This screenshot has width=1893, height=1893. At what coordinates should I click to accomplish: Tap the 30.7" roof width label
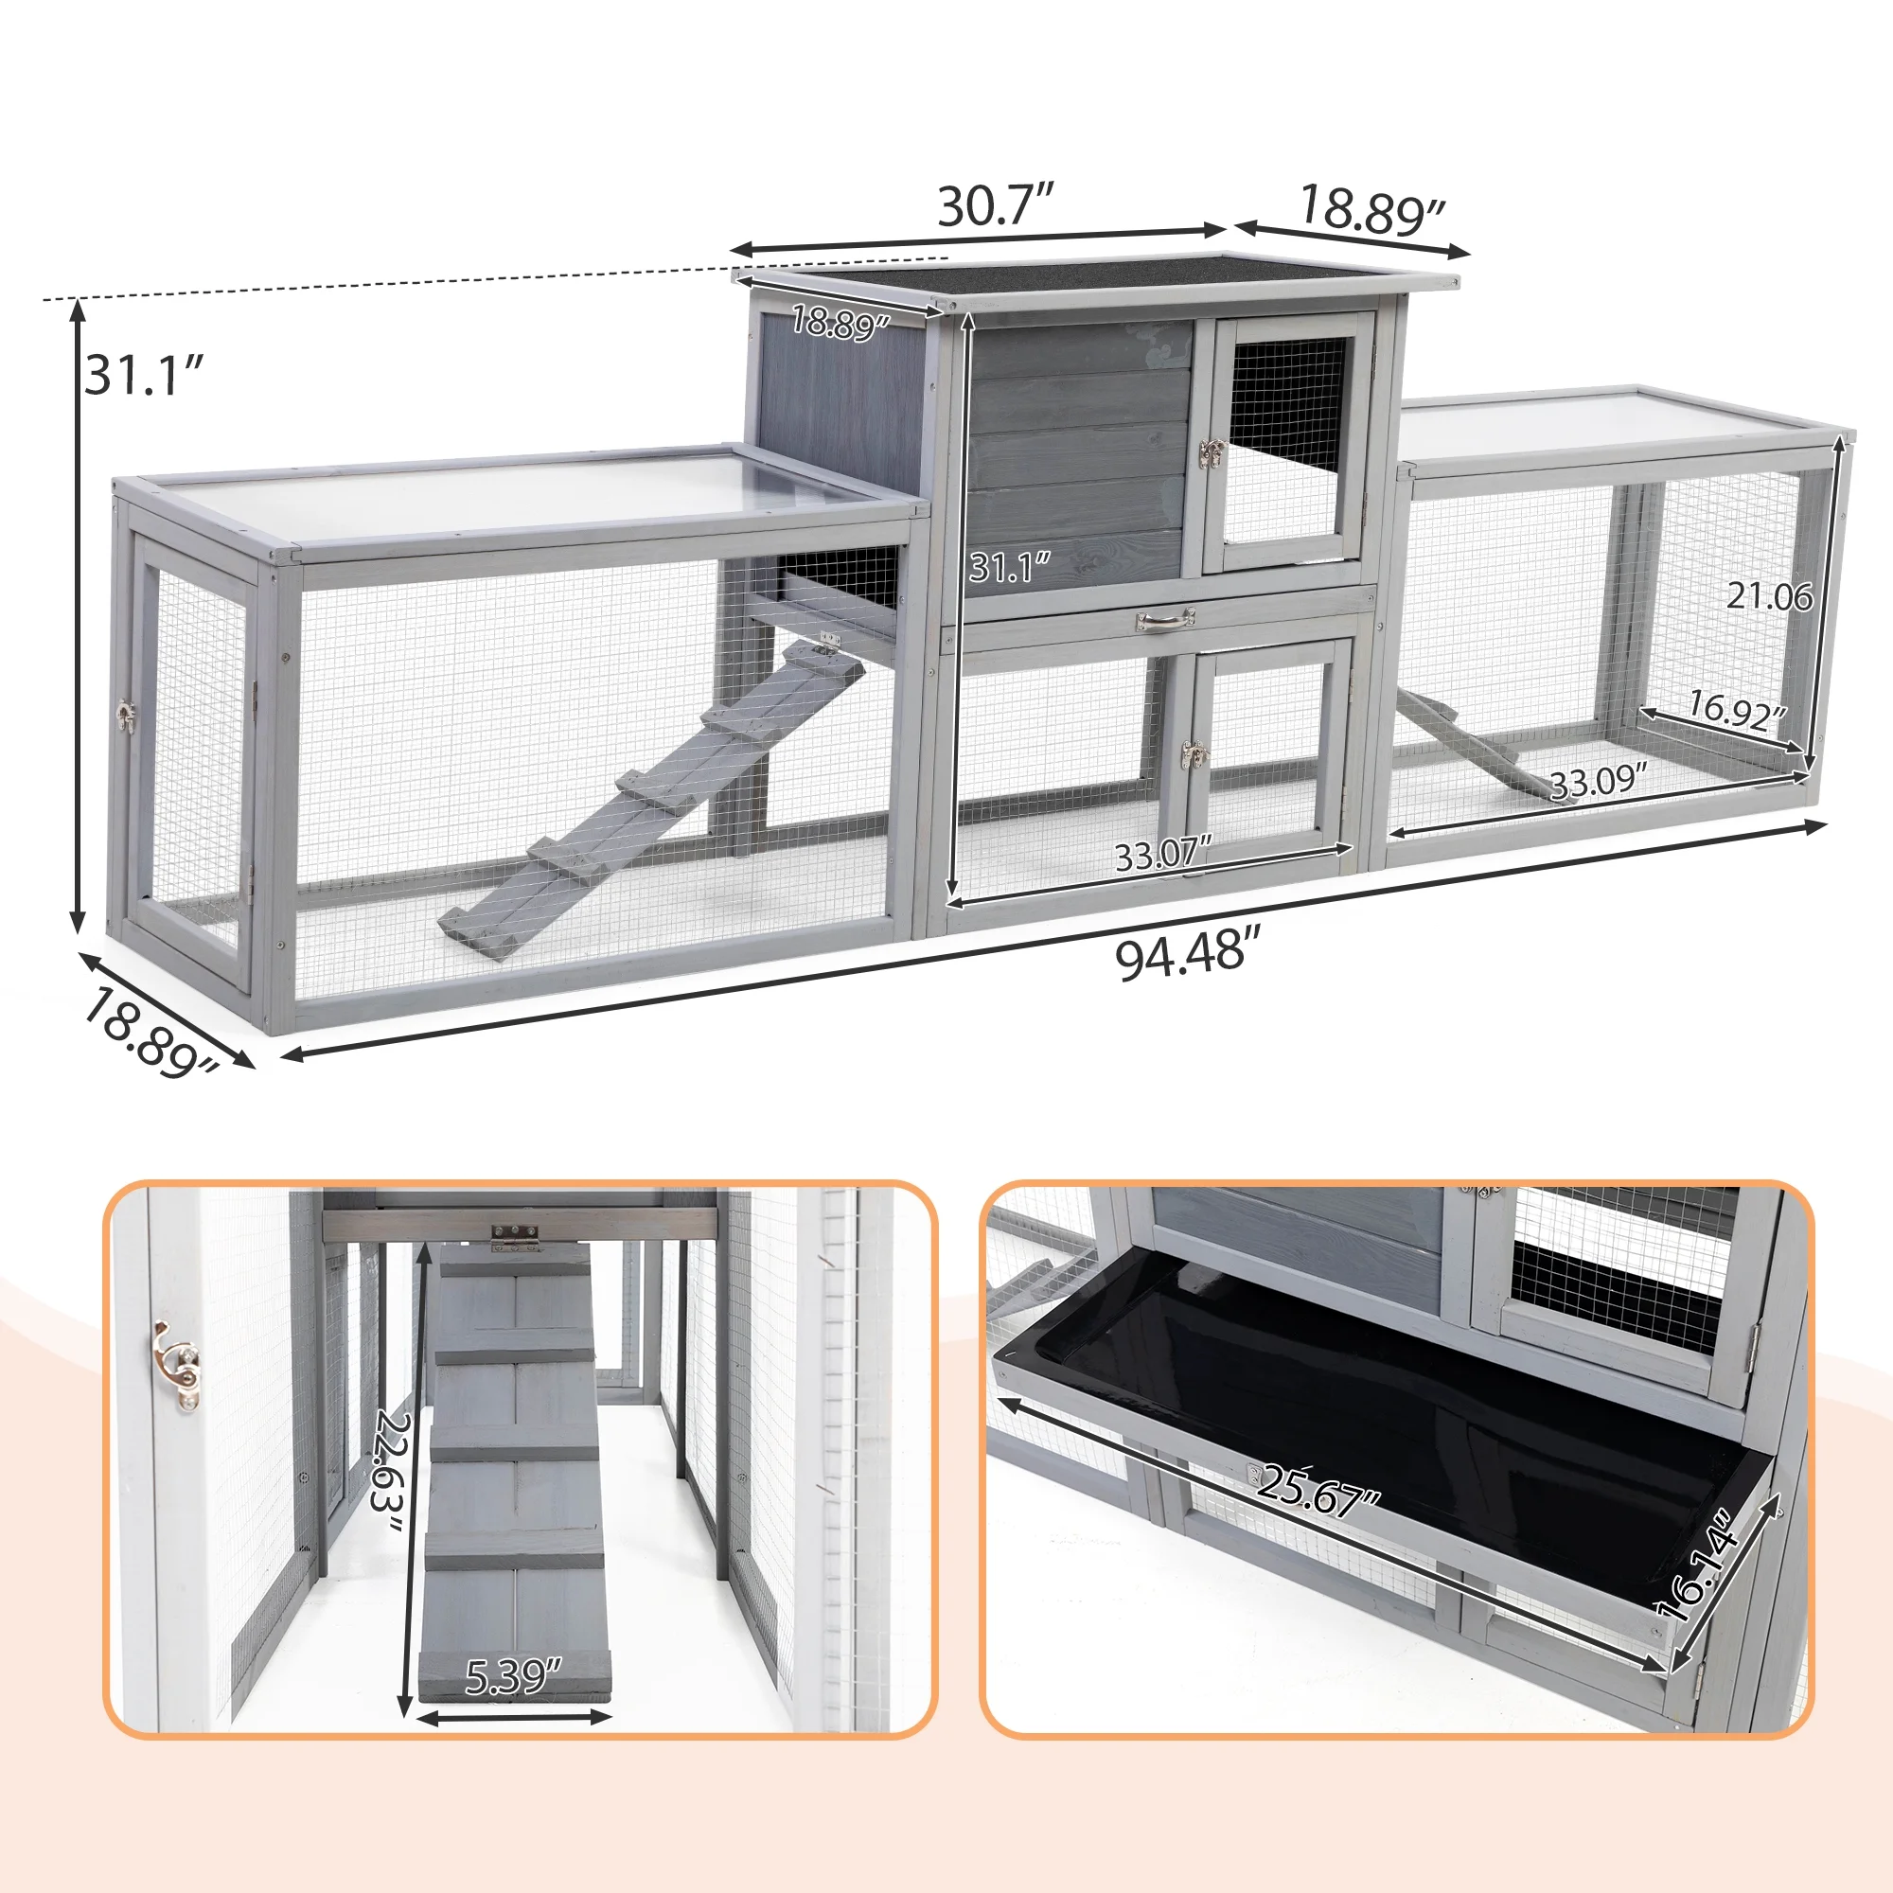(996, 204)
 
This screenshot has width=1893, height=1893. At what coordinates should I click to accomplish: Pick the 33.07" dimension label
(1164, 856)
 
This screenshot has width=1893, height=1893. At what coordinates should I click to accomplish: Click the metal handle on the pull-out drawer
(1165, 619)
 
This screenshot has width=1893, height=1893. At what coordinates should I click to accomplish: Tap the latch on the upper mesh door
(1213, 454)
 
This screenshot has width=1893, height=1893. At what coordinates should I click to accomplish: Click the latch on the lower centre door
(1194, 754)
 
